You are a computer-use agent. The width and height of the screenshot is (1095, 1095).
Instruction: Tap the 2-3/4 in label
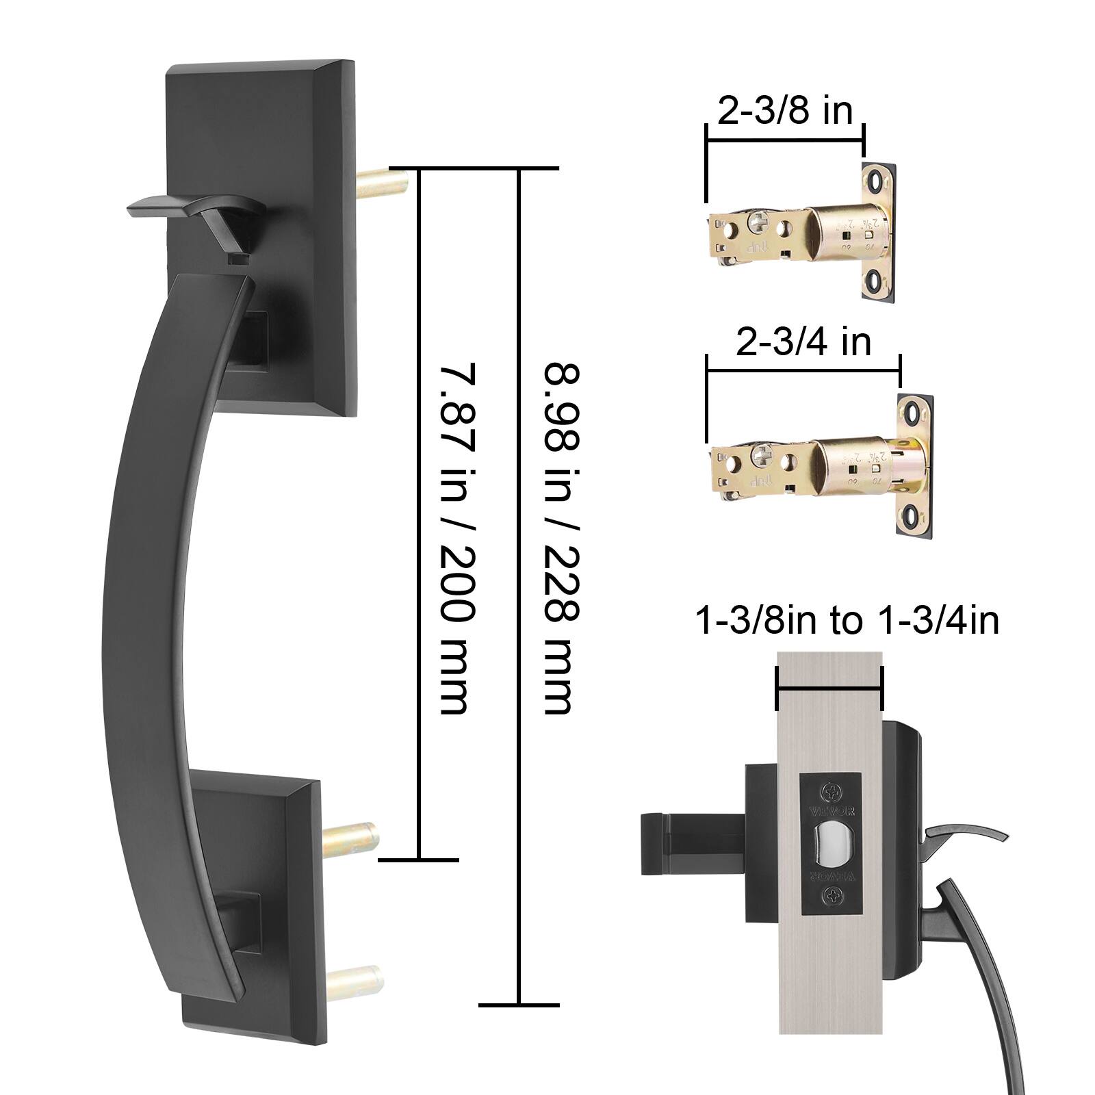click(x=803, y=342)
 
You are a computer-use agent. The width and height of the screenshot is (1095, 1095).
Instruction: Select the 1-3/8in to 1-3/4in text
click(x=847, y=621)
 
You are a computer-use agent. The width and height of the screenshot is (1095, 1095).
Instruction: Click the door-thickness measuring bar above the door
click(x=830, y=689)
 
